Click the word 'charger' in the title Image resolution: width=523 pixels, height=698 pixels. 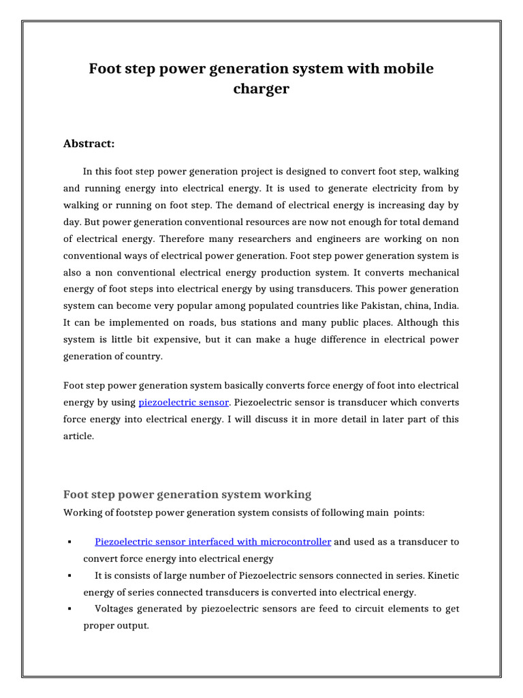click(261, 89)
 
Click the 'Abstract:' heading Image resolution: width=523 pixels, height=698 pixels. click(89, 143)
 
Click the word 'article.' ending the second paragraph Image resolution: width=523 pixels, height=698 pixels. click(78, 436)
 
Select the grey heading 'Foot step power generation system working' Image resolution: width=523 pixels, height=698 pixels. click(187, 494)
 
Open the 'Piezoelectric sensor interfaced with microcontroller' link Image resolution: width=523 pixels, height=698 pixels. click(213, 542)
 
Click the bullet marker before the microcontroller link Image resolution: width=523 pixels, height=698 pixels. click(71, 543)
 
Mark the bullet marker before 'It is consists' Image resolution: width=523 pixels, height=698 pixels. click(71, 576)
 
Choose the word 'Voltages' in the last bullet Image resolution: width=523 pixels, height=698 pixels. click(114, 609)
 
